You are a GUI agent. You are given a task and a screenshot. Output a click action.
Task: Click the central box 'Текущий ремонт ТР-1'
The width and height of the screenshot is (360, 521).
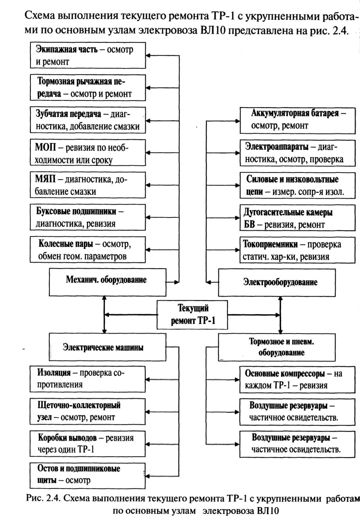point(192,314)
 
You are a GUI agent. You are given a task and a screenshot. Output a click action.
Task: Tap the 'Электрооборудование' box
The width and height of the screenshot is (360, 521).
point(280,282)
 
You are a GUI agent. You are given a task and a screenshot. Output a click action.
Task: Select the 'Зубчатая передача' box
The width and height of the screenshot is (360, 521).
point(88,121)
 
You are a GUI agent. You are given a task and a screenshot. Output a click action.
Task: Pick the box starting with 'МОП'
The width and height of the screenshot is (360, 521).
point(88,153)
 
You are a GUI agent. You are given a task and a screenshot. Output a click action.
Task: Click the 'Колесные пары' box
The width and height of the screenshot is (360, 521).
point(88,250)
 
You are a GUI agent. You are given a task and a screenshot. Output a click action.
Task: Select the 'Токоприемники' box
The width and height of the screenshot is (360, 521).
point(298,250)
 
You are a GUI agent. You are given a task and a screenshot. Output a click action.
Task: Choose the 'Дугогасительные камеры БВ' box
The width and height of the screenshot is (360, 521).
point(298,218)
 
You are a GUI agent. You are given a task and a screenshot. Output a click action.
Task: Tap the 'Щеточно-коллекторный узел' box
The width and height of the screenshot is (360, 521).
point(88,411)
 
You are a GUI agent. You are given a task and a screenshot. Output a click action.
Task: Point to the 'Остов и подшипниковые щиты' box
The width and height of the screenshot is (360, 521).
point(88,474)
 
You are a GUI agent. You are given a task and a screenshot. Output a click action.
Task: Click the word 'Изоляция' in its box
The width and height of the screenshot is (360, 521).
point(54,373)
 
